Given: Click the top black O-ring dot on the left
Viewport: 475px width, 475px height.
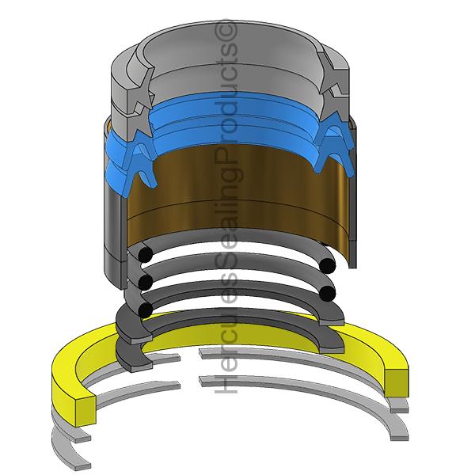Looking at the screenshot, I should (145, 255).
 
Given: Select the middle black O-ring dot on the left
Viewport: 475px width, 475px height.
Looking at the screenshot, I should (145, 281).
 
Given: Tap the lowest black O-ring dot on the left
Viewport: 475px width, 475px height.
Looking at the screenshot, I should (145, 308).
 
